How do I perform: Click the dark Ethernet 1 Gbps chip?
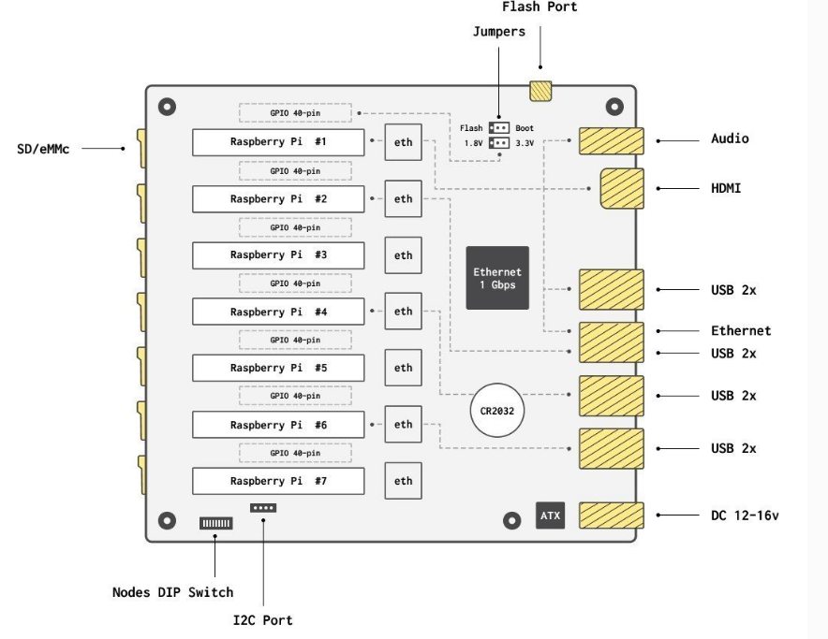point(497,278)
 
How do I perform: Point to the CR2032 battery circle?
point(497,410)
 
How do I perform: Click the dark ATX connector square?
point(550,516)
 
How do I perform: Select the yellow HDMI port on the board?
point(621,189)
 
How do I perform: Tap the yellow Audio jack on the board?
point(610,141)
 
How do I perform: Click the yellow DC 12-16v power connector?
point(610,516)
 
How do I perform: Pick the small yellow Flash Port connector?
point(541,91)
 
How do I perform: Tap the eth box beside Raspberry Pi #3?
point(404,254)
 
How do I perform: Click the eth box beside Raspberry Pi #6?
point(404,424)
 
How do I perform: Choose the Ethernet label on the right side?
point(740,330)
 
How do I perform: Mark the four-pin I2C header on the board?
point(263,508)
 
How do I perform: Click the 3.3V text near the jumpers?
point(525,143)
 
